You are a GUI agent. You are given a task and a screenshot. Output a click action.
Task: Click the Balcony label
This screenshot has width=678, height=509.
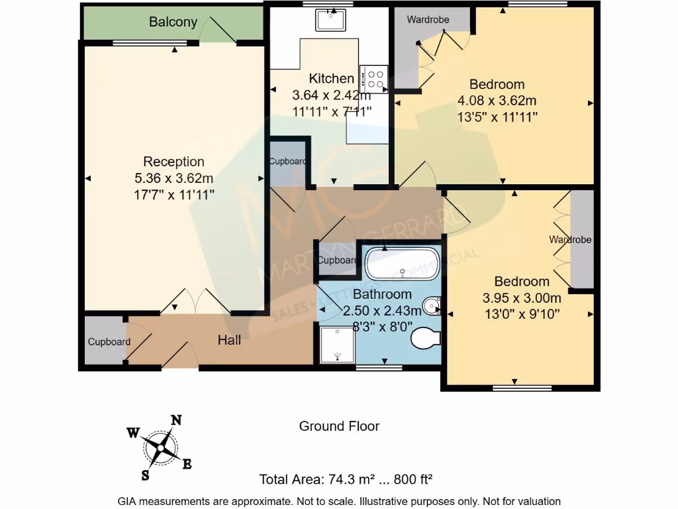173,22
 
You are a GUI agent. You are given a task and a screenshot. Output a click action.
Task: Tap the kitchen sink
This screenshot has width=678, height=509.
330,20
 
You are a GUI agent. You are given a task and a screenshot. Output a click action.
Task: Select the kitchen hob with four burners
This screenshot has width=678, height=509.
373,80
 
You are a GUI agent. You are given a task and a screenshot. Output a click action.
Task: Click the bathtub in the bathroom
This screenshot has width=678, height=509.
402,264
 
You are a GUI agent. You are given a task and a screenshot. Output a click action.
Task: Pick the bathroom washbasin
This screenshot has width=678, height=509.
432,306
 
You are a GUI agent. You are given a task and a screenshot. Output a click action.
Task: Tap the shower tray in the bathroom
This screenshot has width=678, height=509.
337,345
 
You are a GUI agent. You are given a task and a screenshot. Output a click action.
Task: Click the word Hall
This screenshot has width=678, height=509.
229,340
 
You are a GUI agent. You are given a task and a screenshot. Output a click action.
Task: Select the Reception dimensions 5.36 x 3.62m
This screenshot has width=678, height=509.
174,178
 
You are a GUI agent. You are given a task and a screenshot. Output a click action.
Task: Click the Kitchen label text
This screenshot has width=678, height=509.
331,78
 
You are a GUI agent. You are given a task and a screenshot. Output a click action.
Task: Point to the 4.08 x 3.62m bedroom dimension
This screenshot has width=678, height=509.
497,101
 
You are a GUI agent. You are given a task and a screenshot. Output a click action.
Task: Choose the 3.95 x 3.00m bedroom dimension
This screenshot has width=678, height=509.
522,298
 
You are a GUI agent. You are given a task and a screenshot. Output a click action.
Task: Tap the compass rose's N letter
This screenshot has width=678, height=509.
176,420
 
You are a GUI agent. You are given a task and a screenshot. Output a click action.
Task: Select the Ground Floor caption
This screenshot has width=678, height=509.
339,426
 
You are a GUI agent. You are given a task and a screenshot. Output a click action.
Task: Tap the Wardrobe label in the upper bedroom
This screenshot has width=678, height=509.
428,19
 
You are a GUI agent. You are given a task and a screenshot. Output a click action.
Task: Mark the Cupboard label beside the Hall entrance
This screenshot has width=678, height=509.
109,342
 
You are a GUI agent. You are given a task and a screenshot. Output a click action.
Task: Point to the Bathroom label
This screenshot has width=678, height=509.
382,294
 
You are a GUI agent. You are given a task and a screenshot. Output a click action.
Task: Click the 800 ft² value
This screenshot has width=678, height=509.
413,479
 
